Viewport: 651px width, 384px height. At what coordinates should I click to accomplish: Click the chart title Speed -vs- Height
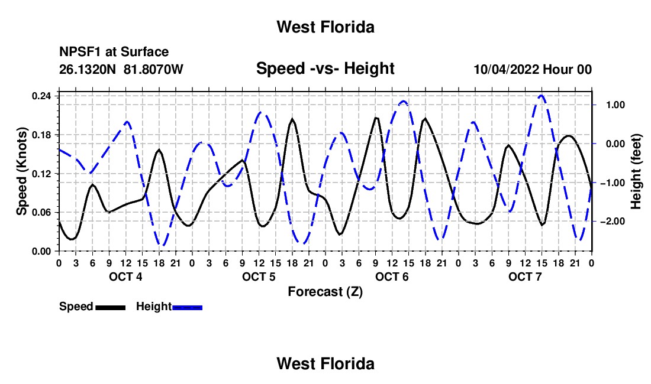click(325, 69)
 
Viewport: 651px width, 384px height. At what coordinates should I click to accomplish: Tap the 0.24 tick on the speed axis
click(41, 96)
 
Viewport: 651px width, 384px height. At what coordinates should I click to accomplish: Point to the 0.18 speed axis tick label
click(41, 135)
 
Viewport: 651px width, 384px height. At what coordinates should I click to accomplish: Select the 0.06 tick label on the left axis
click(41, 213)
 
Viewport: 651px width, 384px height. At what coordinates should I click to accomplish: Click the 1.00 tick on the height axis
click(615, 105)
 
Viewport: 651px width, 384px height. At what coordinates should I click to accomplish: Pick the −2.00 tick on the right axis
click(613, 222)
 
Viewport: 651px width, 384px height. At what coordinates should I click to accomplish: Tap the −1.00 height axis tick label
click(613, 183)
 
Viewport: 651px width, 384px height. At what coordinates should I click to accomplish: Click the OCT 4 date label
click(125, 276)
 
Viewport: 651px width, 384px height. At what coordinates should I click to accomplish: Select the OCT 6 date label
click(392, 276)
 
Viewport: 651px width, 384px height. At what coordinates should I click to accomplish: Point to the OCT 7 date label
click(525, 276)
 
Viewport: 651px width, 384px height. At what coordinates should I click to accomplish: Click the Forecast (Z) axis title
click(325, 292)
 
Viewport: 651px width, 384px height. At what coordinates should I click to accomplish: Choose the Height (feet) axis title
click(636, 171)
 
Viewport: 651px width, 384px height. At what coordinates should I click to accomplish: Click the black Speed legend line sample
click(111, 308)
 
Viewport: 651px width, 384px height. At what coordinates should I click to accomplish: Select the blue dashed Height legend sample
click(187, 308)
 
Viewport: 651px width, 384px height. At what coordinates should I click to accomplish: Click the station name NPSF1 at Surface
click(114, 52)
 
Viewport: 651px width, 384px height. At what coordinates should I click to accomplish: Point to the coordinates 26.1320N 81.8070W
click(121, 69)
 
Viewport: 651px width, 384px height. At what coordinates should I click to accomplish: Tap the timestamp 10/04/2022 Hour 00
click(533, 69)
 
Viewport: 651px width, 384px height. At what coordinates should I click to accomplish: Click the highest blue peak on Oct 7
click(542, 96)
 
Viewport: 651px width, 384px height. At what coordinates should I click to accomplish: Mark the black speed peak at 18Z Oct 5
click(292, 119)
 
